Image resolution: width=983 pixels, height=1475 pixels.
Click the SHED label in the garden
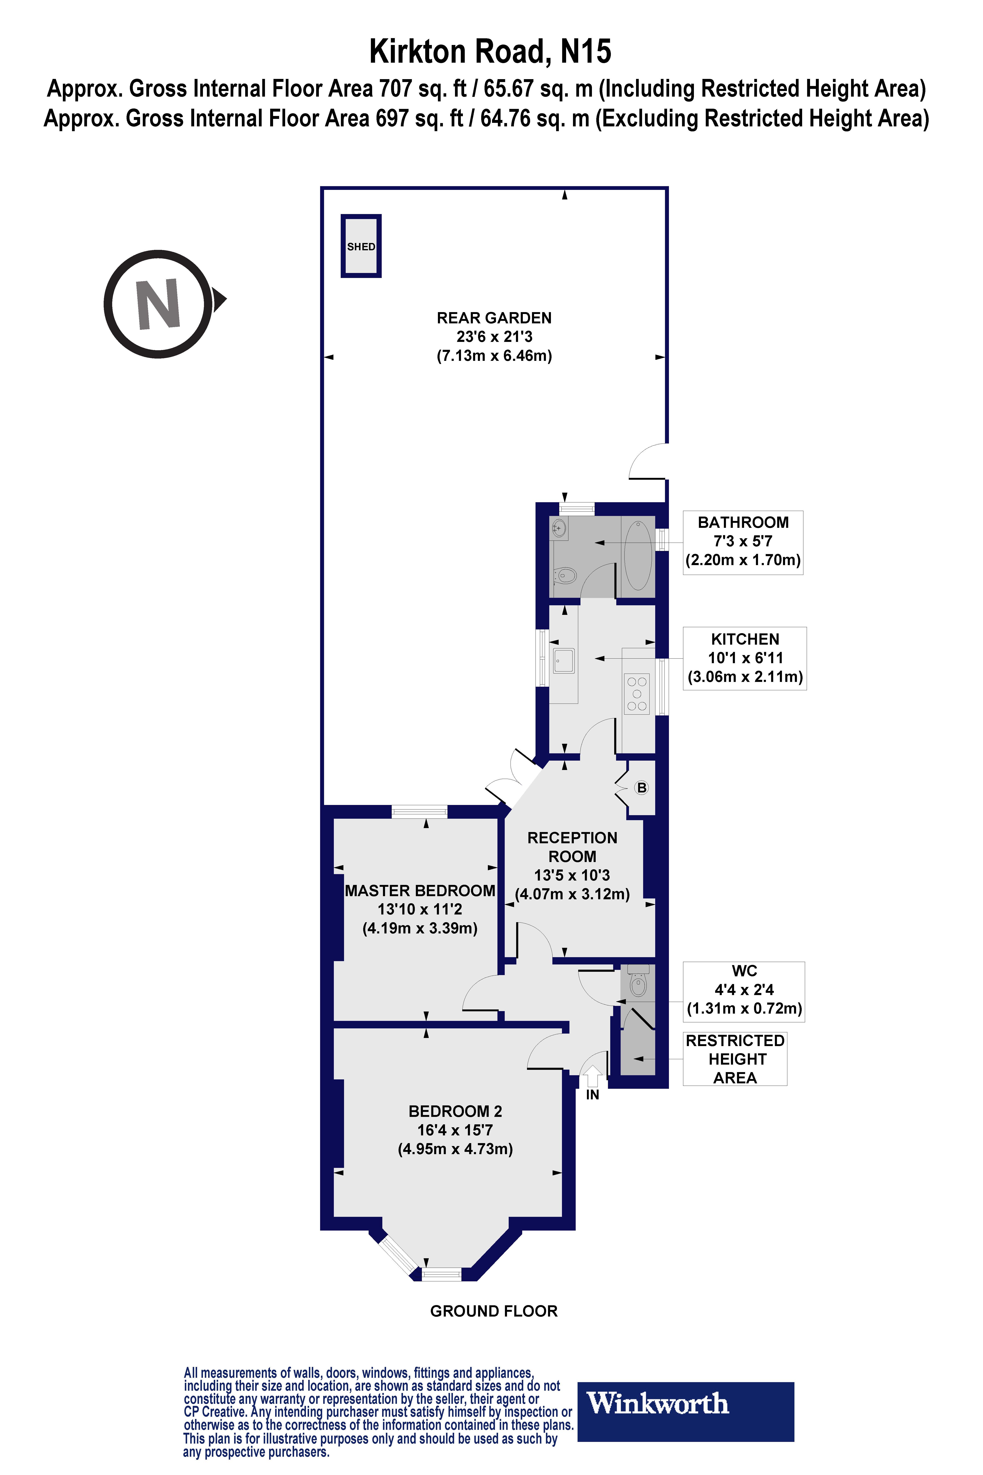(361, 247)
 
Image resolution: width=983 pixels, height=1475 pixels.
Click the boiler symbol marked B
(641, 788)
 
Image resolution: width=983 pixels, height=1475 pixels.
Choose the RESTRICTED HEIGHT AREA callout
(735, 1059)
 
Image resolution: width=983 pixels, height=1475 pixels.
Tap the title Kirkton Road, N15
(490, 51)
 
